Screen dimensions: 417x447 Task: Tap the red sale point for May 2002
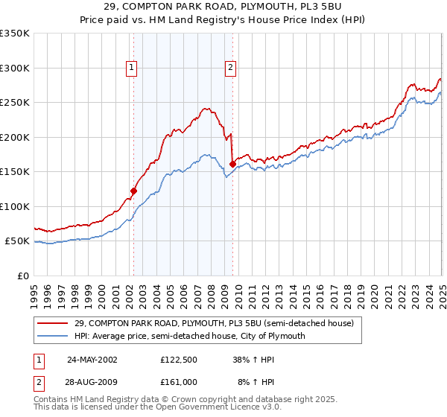tap(134, 191)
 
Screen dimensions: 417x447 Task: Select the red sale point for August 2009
tap(233, 164)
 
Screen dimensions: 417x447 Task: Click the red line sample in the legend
tap(54, 323)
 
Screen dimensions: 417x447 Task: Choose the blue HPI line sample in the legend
tap(54, 336)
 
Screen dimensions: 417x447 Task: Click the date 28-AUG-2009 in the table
tap(92, 381)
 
